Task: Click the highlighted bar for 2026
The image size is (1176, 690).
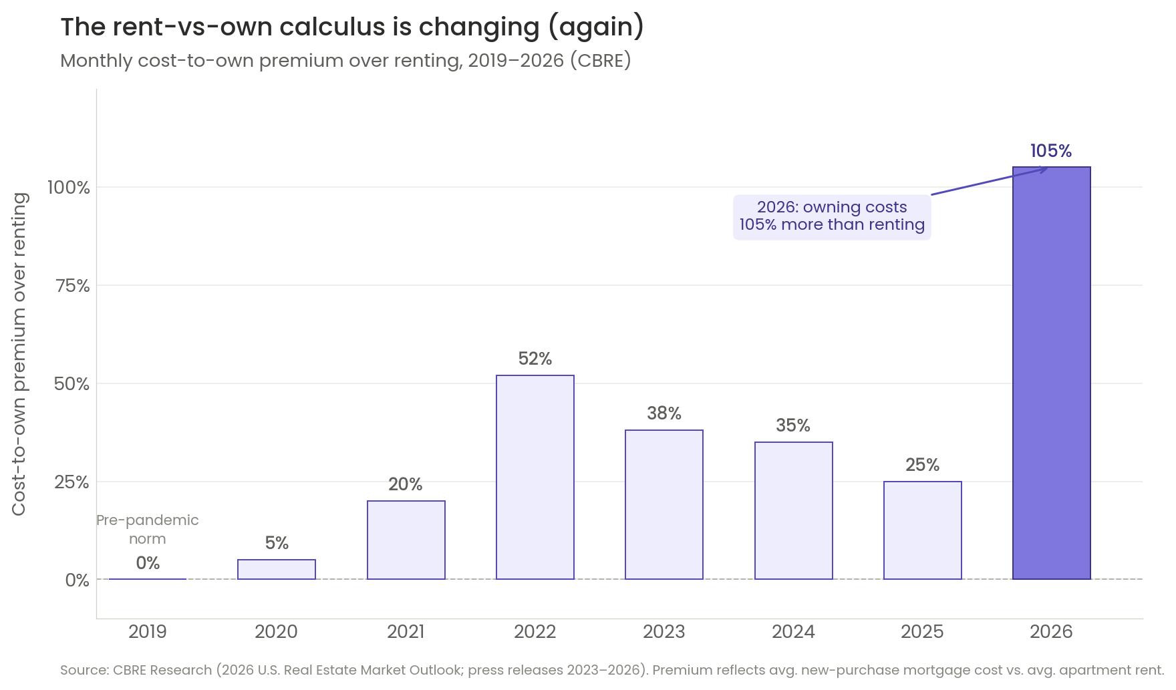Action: click(1052, 373)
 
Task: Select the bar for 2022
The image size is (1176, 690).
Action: click(535, 477)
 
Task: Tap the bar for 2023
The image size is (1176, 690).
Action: click(664, 504)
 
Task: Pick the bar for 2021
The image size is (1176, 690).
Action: click(406, 540)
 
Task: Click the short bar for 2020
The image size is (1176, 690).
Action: click(277, 569)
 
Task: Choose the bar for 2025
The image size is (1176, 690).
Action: click(923, 530)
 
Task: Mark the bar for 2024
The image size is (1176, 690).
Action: click(794, 510)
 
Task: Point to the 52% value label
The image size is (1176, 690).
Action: click(535, 359)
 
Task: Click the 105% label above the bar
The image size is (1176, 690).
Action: click(1051, 151)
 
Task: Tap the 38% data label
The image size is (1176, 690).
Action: click(664, 413)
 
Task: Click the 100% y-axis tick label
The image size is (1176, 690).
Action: click(68, 188)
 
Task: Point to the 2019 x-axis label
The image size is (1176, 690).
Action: click(148, 632)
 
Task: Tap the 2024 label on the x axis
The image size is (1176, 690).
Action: click(794, 632)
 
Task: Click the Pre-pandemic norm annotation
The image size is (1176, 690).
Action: click(148, 530)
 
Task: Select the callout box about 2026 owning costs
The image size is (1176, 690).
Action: click(832, 216)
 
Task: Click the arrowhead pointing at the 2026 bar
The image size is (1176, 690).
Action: click(1044, 169)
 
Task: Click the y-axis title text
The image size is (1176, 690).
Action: click(20, 354)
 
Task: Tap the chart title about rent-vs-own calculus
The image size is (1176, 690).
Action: click(353, 27)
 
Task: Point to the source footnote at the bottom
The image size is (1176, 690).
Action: click(612, 670)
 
